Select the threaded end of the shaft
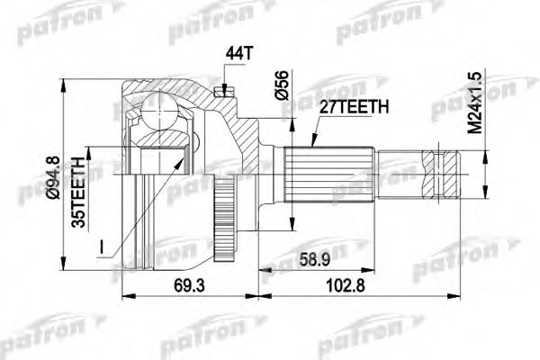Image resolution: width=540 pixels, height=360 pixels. [446, 173]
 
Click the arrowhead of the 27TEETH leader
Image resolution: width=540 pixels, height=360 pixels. [312, 145]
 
